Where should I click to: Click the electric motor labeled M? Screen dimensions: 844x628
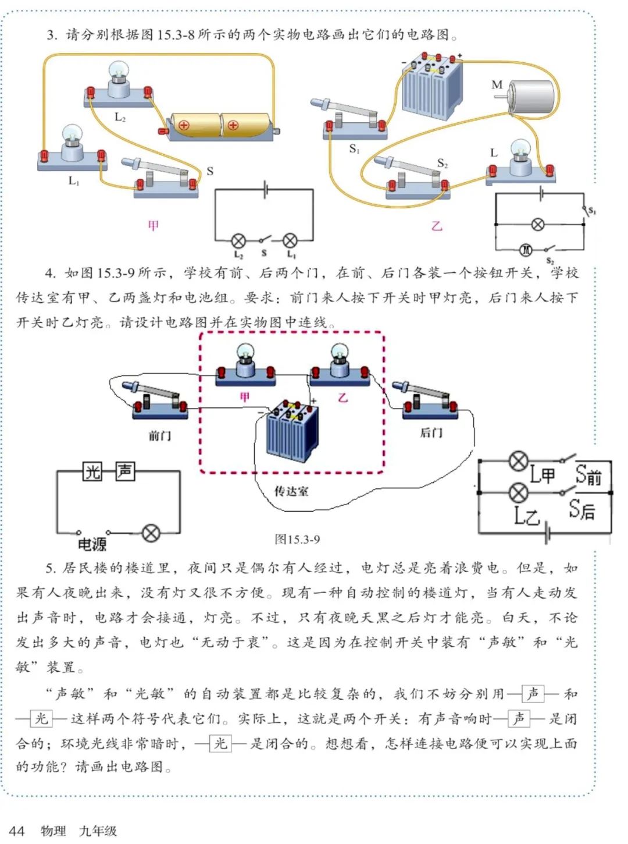[x=530, y=97]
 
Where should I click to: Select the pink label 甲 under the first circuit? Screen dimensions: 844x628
[x=153, y=225]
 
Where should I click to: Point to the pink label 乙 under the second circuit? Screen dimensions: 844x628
[x=436, y=226]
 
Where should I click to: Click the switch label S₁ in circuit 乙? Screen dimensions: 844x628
[x=354, y=150]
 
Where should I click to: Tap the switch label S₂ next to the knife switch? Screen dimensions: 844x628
[x=443, y=164]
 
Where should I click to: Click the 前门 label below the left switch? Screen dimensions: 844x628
[x=159, y=435]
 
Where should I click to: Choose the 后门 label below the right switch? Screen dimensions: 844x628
[x=431, y=432]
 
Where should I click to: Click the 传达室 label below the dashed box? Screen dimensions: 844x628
[x=291, y=491]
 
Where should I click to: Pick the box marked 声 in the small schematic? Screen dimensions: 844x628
[x=124, y=470]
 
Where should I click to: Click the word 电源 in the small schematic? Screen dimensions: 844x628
[x=92, y=544]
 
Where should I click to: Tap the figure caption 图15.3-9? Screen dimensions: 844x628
[x=297, y=540]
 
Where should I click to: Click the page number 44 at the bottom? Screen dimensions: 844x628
[x=17, y=831]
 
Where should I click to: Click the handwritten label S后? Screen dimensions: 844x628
[x=582, y=510]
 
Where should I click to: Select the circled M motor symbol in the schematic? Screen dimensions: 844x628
[x=526, y=250]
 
